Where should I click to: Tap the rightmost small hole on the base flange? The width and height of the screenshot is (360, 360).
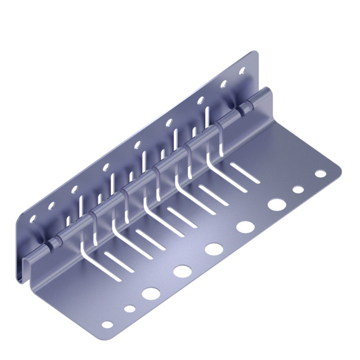click(320, 173)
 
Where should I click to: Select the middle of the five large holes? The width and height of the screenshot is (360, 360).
click(214, 249)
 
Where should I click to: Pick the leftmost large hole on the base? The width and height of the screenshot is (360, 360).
click(150, 293)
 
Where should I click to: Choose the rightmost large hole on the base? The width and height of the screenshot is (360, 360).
click(276, 204)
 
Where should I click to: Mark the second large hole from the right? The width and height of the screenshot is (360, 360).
click(245, 227)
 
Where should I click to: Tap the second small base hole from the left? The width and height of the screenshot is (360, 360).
click(129, 308)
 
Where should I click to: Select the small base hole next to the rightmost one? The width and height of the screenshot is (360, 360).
click(298, 190)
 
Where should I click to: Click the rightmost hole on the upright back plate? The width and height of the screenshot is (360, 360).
click(243, 71)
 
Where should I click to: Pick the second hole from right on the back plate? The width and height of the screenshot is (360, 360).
click(223, 84)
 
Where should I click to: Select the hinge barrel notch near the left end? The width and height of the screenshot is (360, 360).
click(51, 244)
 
